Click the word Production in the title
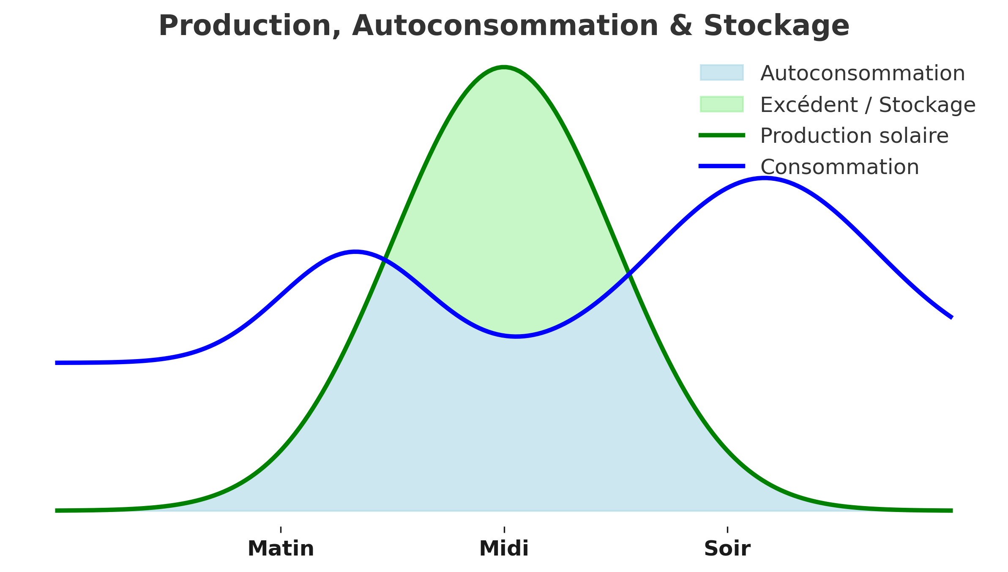(249, 26)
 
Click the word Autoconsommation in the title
(505, 26)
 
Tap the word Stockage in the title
(776, 26)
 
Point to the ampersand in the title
(680, 26)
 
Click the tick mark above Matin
(281, 530)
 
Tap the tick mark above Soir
(727, 530)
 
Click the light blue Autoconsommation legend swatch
(721, 73)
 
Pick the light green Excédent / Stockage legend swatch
(721, 104)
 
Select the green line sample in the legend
(721, 135)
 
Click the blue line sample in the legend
(721, 166)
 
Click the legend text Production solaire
(854, 136)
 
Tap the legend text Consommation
(839, 167)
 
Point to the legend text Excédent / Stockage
(868, 105)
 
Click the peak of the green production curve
(504, 67)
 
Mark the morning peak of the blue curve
(355, 252)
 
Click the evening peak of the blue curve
(764, 178)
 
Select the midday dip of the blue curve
(516, 336)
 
